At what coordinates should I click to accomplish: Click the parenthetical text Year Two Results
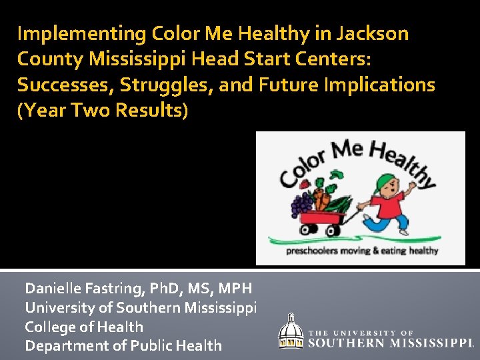point(103,111)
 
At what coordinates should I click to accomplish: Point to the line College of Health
point(84,327)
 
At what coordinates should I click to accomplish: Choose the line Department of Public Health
point(123,345)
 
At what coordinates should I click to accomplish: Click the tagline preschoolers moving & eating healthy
point(362,251)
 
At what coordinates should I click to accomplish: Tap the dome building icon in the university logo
point(291,331)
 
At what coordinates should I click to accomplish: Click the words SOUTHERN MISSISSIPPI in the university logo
point(391,343)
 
